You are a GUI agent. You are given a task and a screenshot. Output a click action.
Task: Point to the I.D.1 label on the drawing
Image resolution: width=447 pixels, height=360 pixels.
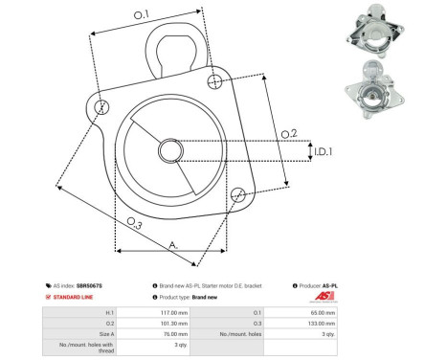pos(323,151)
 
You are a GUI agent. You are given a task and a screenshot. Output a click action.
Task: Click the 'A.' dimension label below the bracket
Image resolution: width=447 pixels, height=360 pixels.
pos(173,245)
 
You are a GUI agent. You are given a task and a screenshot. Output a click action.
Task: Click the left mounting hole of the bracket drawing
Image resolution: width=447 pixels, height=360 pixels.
pos(103,103)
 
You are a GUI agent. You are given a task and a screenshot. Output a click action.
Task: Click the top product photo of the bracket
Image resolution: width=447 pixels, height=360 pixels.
pos(369,28)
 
